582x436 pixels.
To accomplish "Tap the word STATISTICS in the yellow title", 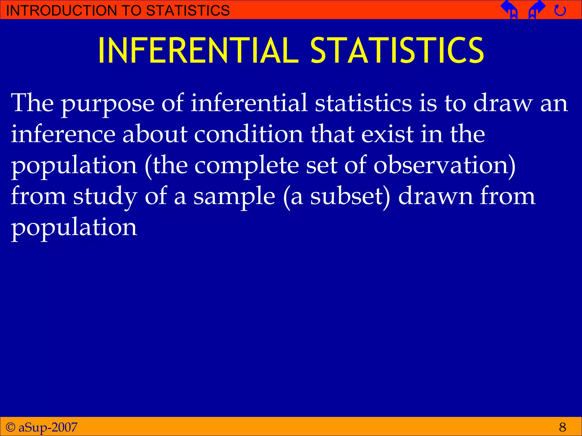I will (x=397, y=51).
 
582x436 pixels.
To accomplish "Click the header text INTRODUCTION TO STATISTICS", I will (x=118, y=11).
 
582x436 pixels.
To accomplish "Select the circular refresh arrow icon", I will (x=560, y=11).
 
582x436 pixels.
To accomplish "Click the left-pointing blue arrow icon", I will (x=510, y=9).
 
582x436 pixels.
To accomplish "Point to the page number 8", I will (x=562, y=427).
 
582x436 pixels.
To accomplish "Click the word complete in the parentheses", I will (x=246, y=166).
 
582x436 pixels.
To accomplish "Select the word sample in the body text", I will (x=234, y=197).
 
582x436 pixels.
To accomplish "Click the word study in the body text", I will (x=105, y=197).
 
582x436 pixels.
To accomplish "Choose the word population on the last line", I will (x=74, y=228).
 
